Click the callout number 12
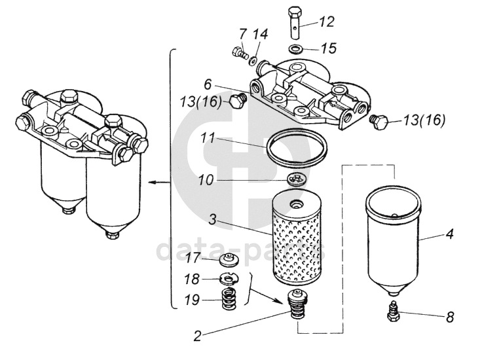tap(326, 22)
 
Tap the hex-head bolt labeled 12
tap(295, 22)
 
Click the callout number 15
tap(329, 48)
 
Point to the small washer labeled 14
tap(253, 60)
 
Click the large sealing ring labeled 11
tap(296, 148)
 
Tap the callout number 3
tap(213, 220)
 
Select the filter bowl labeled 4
tap(394, 240)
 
